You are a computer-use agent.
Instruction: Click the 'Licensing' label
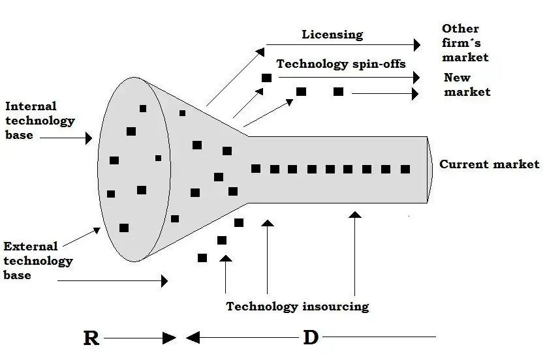tap(332, 35)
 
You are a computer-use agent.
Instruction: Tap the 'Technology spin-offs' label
tap(341, 64)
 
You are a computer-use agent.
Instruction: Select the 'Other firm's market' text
tap(465, 43)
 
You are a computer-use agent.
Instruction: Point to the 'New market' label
tap(467, 85)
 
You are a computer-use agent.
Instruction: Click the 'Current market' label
tap(490, 164)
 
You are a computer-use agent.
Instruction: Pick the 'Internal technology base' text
tap(40, 121)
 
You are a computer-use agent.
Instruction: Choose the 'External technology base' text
tap(38, 261)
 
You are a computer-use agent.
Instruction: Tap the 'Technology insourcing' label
tap(298, 307)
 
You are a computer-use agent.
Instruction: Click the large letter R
tap(91, 338)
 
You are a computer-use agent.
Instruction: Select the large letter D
tap(311, 338)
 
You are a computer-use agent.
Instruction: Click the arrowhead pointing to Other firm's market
tap(417, 45)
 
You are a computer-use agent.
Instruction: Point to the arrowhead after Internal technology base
tap(88, 138)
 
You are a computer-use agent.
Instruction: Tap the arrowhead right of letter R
tap(170, 338)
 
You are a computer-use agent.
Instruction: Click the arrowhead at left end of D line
tap(192, 338)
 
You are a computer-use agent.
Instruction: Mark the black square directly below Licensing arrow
tap(266, 78)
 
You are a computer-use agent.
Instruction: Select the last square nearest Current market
tap(405, 169)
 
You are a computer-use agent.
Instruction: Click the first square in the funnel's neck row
tap(256, 169)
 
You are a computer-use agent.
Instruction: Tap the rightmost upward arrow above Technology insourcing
tap(355, 215)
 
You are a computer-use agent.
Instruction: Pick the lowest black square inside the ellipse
tap(124, 228)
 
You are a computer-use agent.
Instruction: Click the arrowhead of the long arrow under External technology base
tap(164, 280)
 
